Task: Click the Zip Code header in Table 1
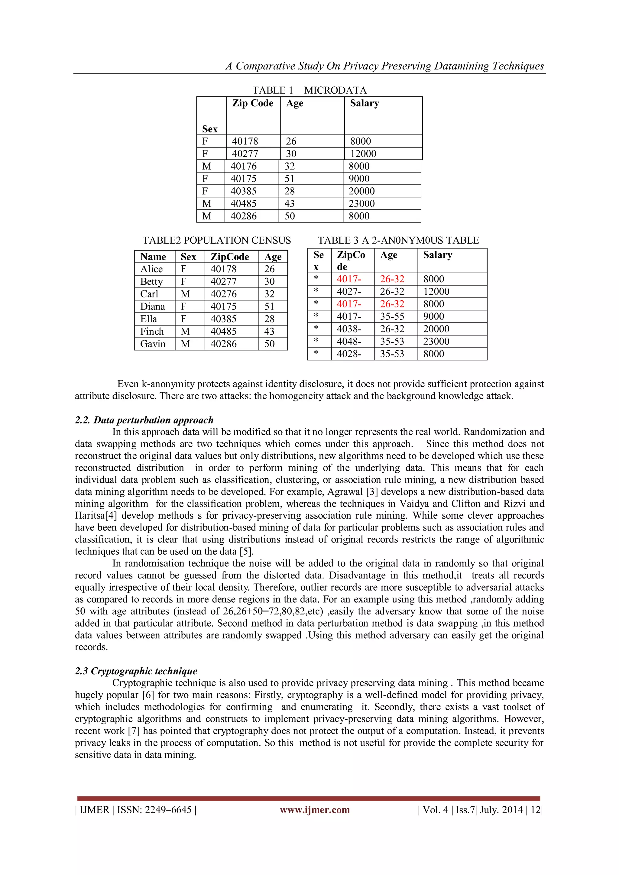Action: (x=252, y=103)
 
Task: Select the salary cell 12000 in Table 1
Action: (x=363, y=154)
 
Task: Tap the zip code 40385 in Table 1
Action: (x=243, y=191)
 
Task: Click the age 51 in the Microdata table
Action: (x=289, y=179)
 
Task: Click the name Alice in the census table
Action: (x=151, y=269)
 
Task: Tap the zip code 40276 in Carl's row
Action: (x=223, y=294)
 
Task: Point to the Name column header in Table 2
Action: (x=153, y=257)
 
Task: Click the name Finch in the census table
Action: (x=152, y=332)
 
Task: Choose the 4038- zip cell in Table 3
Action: (x=349, y=329)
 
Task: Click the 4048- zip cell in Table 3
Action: (x=349, y=342)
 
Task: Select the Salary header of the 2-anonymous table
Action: (x=438, y=255)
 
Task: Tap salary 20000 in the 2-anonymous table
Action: (x=436, y=329)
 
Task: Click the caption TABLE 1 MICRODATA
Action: (x=309, y=90)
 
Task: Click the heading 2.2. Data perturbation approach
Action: (x=144, y=420)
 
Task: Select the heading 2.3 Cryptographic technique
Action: (x=136, y=671)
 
